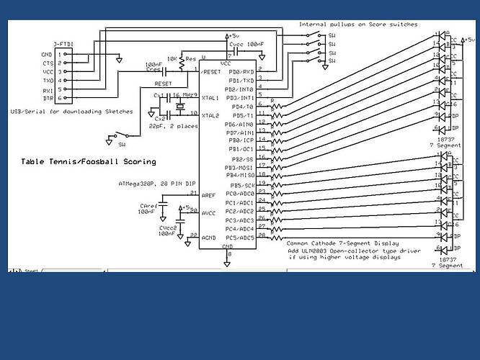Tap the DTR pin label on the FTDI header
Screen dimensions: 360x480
click(x=48, y=99)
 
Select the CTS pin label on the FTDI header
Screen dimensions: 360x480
click(x=48, y=63)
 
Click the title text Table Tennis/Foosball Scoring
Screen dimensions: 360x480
click(x=89, y=161)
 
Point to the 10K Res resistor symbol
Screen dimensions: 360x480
click(x=181, y=64)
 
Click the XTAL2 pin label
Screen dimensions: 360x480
click(x=210, y=115)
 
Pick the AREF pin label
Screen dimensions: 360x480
click(x=208, y=195)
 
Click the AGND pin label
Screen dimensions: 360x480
click(x=208, y=238)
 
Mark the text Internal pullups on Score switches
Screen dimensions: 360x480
click(x=358, y=24)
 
